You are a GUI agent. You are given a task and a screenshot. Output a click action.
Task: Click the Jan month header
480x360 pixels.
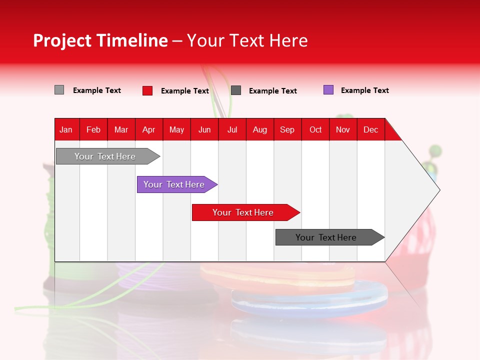66,129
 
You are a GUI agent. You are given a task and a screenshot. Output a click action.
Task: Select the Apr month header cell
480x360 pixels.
149,129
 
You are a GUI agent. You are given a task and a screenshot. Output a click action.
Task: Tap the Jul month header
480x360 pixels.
232,129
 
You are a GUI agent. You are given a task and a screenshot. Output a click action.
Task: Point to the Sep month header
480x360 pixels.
287,129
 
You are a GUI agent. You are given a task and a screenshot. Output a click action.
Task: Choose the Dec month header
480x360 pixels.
370,129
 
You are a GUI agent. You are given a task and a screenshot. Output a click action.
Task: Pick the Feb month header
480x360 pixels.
93,129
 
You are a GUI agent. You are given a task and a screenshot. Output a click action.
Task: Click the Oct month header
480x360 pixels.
315,129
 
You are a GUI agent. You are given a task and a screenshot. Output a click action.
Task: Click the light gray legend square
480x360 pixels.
59,90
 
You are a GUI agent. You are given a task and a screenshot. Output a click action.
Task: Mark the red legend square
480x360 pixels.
147,90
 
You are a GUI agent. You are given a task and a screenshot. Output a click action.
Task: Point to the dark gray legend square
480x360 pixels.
236,90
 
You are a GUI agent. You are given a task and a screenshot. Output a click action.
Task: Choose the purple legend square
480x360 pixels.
328,90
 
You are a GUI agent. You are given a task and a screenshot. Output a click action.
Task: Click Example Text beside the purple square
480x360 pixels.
364,90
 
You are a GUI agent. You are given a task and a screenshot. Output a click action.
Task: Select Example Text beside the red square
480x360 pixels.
184,91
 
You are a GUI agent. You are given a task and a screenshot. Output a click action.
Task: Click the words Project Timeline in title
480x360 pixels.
100,40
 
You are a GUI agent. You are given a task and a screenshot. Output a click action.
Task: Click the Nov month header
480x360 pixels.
343,129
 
